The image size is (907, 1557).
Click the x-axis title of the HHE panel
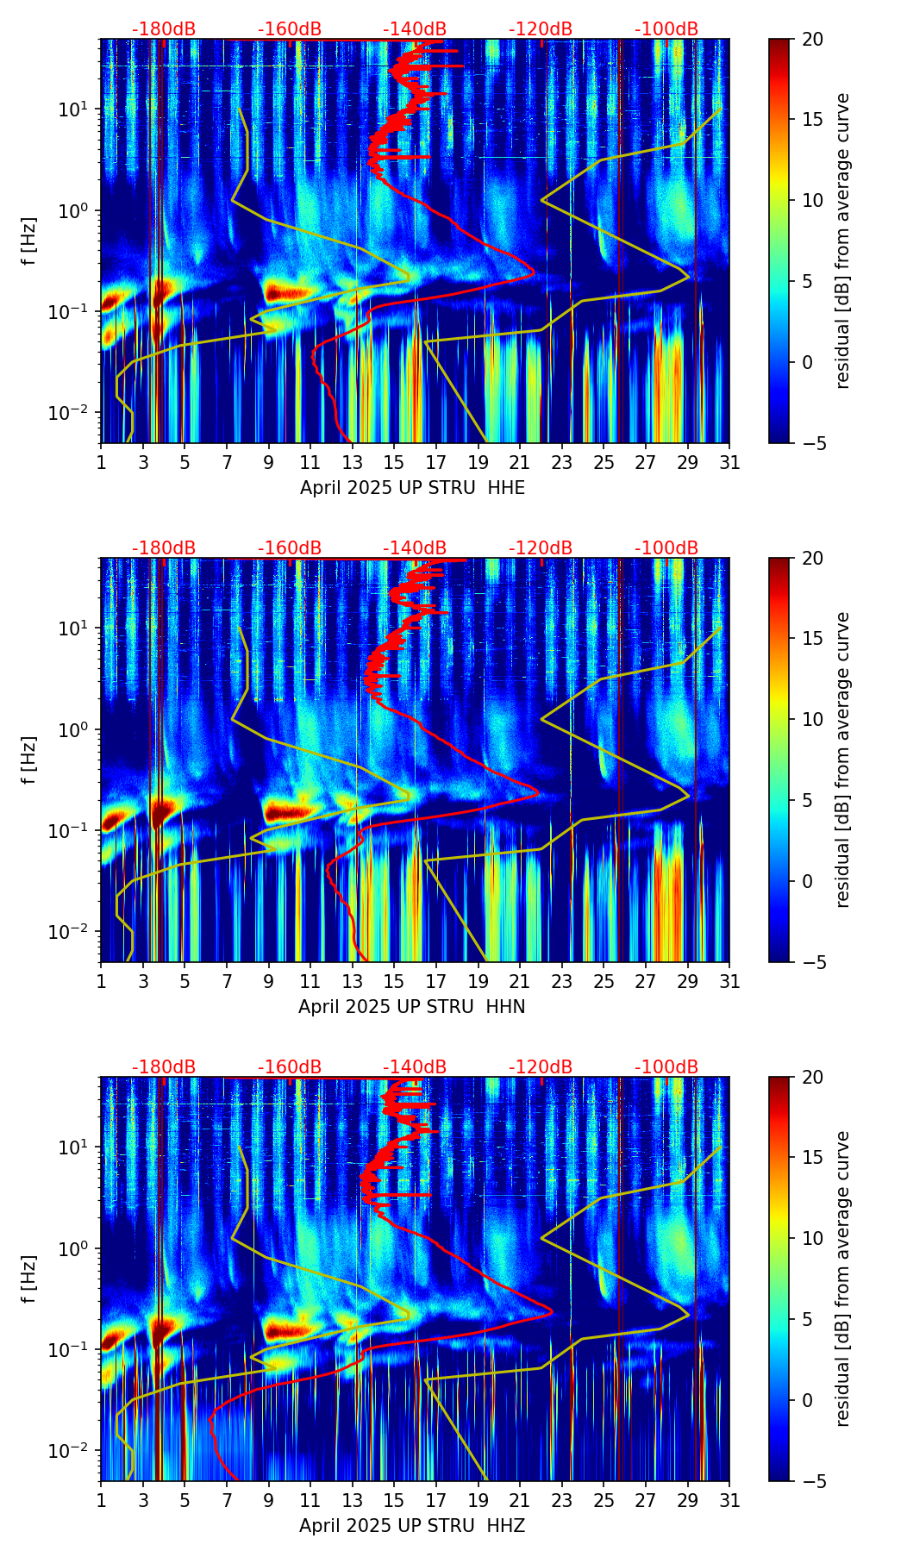(x=412, y=488)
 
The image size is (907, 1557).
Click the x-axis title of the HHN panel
(x=412, y=1007)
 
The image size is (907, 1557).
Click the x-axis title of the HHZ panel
(x=412, y=1526)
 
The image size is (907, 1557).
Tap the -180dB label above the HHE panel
(x=164, y=29)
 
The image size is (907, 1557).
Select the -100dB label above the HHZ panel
(x=666, y=1067)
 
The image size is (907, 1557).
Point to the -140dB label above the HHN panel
(x=415, y=548)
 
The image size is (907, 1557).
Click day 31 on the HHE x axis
(x=729, y=463)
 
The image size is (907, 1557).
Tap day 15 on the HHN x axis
(x=394, y=982)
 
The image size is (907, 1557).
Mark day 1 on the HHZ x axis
(x=101, y=1501)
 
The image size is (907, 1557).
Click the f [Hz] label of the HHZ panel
(x=30, y=1279)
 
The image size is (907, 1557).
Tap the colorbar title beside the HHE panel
(x=843, y=241)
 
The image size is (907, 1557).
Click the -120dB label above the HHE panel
(x=541, y=29)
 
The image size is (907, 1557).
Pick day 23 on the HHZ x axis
(x=562, y=1501)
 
